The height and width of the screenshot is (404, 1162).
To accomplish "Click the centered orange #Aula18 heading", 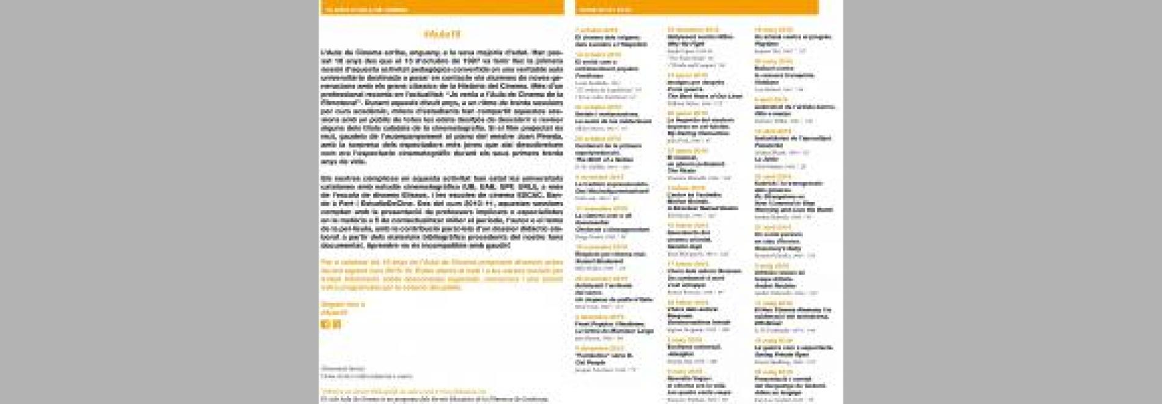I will point(442,34).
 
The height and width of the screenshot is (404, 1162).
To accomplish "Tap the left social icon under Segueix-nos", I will point(325,324).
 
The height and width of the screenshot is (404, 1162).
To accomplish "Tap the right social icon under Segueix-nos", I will point(336,324).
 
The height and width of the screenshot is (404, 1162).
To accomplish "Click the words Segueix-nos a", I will point(342,304).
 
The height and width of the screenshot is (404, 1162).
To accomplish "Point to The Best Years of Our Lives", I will point(705,96).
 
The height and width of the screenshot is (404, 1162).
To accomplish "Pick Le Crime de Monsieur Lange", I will point(605,331).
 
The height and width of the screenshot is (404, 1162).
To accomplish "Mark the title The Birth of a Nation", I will point(604,160).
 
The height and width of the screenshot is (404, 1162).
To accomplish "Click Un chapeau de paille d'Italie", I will point(613,299).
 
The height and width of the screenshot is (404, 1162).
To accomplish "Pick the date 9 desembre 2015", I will point(599,348).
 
